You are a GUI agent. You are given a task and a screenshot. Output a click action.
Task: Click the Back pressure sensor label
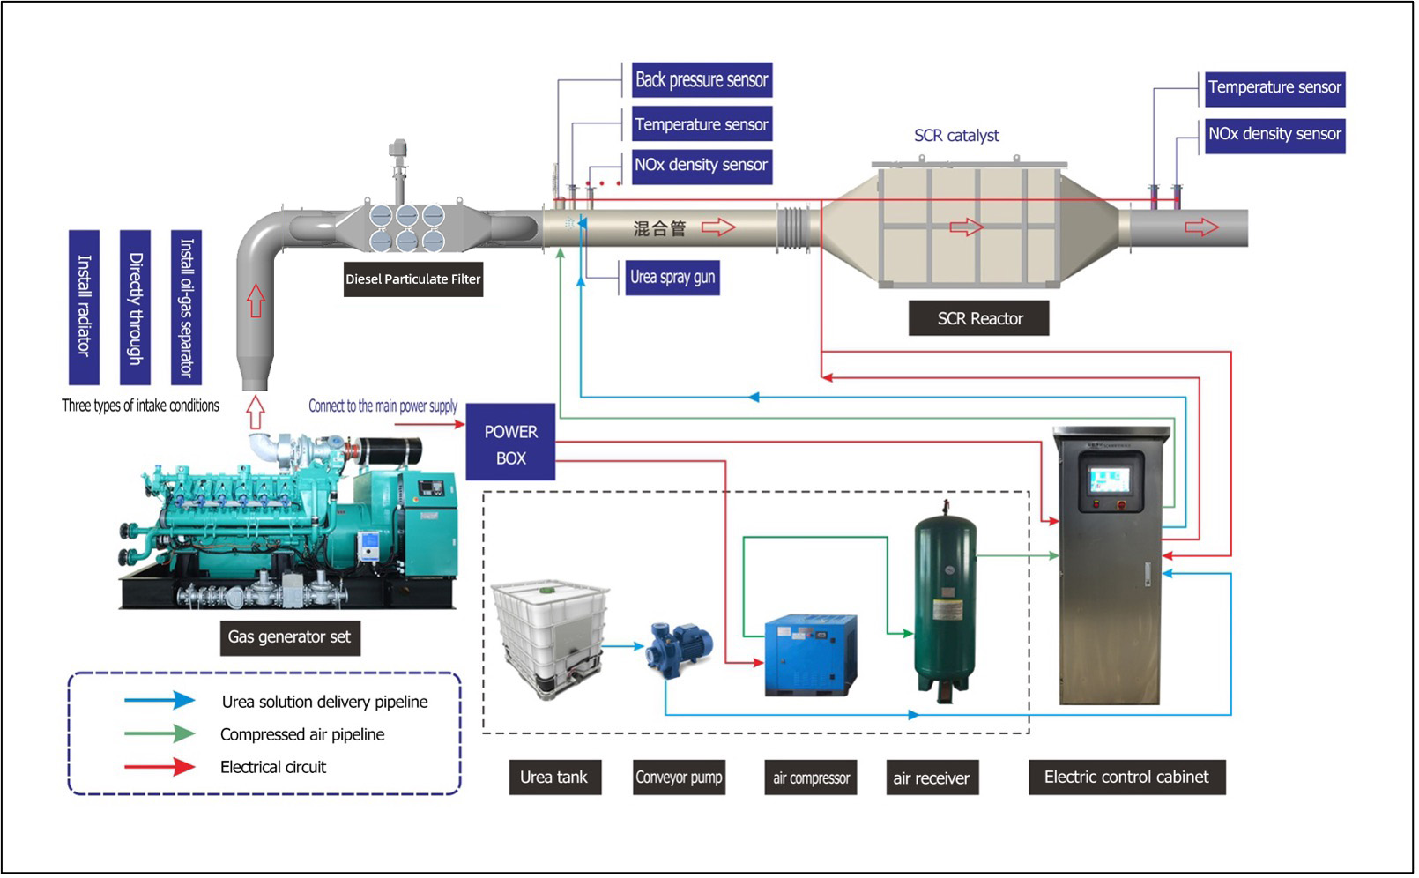[702, 80]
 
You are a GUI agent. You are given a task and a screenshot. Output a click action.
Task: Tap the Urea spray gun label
[672, 278]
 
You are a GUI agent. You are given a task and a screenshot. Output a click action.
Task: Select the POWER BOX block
[510, 444]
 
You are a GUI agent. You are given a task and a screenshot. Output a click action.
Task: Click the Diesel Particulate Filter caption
[412, 279]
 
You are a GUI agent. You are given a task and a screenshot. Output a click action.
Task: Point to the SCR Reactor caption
[979, 319]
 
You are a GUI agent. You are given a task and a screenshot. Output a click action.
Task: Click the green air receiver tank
[945, 599]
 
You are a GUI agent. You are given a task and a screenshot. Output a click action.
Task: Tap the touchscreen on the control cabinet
[1109, 480]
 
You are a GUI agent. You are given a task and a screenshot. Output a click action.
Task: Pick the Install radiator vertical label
[85, 307]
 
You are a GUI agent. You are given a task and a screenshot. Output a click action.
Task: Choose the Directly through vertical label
[136, 307]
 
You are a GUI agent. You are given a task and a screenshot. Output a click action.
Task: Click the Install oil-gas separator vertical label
[186, 307]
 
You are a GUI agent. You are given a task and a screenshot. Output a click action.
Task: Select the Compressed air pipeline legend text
[302, 735]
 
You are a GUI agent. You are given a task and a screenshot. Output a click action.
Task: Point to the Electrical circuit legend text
[273, 768]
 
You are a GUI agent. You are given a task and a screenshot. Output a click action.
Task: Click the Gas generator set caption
[289, 637]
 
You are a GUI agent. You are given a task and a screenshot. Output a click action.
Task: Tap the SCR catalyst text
[956, 136]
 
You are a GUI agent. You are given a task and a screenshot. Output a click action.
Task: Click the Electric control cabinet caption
[1126, 778]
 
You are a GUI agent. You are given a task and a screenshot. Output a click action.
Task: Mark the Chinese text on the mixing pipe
[659, 229]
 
